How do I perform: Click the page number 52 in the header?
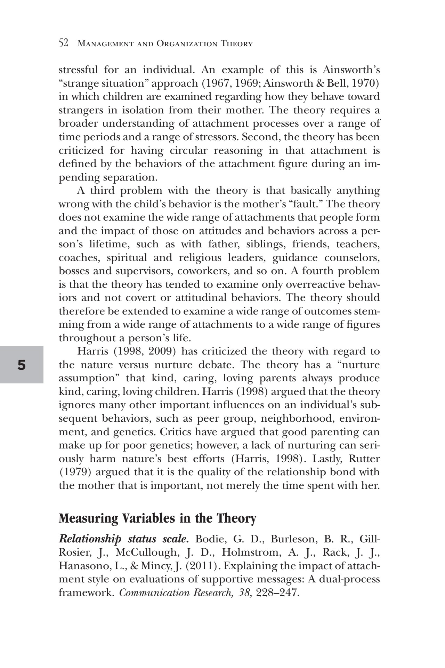tap(63, 43)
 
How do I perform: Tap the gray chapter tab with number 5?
tap(22, 365)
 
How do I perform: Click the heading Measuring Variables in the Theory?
tap(157, 518)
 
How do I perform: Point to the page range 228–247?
tap(277, 593)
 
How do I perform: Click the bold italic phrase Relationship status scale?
tap(124, 539)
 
